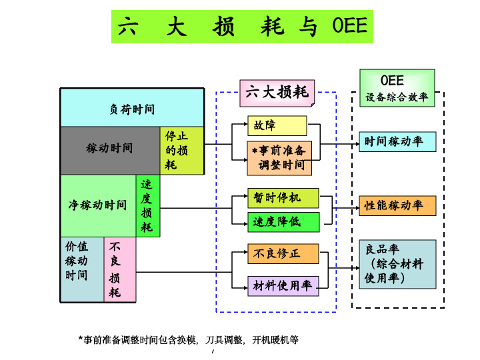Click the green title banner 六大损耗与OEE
(242, 27)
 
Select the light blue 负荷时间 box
(131, 107)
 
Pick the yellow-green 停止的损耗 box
(181, 151)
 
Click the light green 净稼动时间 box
(98, 205)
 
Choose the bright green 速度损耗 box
(148, 205)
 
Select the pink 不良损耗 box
(120, 269)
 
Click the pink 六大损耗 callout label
(277, 93)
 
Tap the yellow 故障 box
(277, 125)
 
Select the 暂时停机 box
(283, 198)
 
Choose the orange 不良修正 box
(283, 253)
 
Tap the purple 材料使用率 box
(283, 286)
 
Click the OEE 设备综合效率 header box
(397, 87)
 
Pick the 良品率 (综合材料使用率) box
(397, 264)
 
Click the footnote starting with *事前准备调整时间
(189, 340)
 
